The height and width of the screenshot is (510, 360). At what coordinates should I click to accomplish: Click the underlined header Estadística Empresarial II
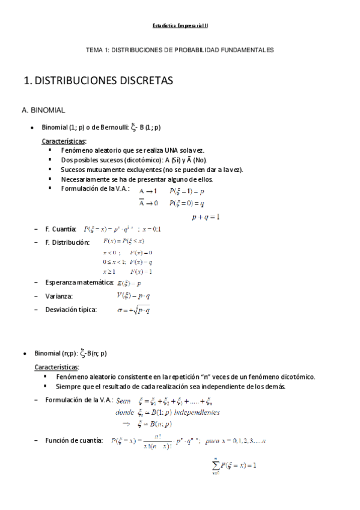pyautogui.click(x=180, y=26)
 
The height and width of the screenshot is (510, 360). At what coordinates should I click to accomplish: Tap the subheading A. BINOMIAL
pyautogui.click(x=47, y=111)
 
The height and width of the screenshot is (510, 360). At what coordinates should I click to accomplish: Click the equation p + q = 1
pyautogui.click(x=206, y=217)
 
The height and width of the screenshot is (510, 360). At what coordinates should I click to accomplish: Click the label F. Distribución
pyautogui.click(x=67, y=242)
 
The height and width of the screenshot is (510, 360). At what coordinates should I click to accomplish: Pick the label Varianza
pyautogui.click(x=59, y=296)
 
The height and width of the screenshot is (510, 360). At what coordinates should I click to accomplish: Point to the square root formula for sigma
pyautogui.click(x=133, y=310)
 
